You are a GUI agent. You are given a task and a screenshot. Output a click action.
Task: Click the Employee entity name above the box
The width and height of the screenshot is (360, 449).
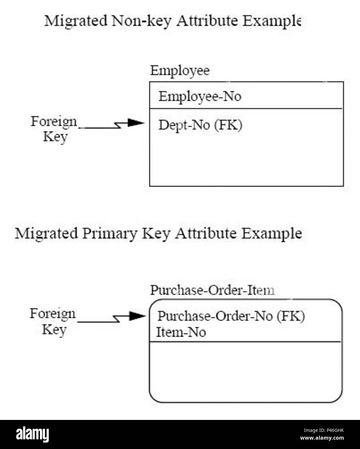[180, 70]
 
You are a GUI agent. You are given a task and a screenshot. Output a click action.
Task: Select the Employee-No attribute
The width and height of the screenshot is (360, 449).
[200, 96]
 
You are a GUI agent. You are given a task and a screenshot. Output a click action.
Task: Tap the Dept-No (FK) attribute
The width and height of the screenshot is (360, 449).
[200, 125]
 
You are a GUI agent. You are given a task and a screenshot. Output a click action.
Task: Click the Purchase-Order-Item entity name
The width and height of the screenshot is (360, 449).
[212, 290]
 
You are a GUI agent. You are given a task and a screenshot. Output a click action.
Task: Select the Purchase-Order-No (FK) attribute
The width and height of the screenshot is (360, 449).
[231, 316]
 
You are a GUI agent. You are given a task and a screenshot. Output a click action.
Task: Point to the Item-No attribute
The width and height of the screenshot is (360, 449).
[181, 332]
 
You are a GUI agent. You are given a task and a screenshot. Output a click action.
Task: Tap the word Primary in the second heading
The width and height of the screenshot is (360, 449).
[109, 233]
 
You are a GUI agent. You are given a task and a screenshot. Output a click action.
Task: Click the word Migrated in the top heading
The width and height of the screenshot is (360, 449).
[76, 21]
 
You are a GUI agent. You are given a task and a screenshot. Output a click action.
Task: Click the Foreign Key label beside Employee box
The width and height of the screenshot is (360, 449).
[54, 129]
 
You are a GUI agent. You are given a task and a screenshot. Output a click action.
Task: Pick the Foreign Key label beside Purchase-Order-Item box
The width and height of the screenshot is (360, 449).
[53, 322]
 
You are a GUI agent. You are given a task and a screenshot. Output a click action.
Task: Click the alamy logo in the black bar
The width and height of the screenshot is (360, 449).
[33, 434]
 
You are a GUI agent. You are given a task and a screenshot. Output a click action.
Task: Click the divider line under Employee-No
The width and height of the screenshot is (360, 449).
[246, 109]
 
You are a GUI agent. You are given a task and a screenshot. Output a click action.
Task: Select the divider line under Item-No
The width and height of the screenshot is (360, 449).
[246, 341]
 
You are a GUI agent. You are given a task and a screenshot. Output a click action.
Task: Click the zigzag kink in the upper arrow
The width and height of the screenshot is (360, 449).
[119, 125]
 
